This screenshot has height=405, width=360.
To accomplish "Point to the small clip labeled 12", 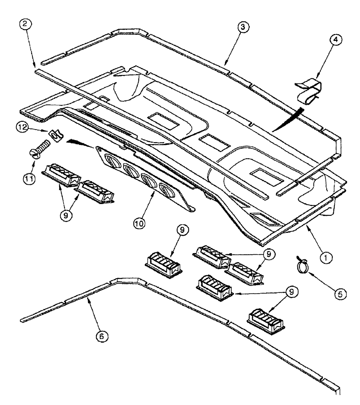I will [x=51, y=133].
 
